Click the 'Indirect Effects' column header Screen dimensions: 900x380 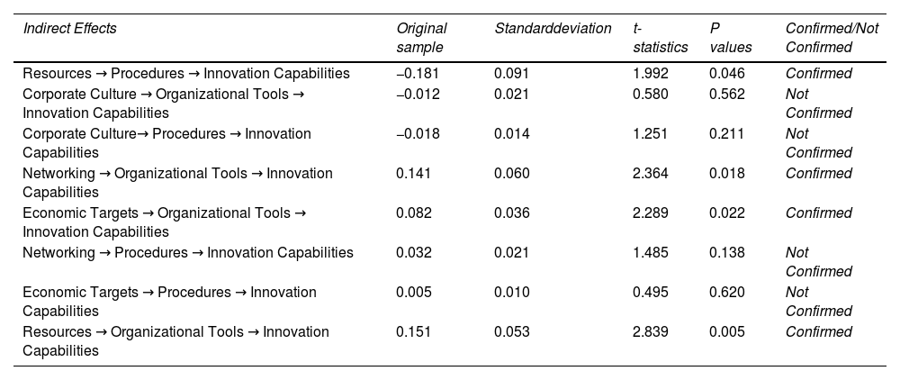69,28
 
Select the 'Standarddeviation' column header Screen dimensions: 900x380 553,28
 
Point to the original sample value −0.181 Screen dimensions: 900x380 418,74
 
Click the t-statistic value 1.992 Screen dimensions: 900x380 651,74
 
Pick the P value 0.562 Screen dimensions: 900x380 727,94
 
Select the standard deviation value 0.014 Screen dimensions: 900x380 512,134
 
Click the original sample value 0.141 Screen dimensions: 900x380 413,174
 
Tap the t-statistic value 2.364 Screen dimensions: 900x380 651,174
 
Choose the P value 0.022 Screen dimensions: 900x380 727,213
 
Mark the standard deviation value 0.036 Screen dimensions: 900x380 512,213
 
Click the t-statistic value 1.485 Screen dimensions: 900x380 651,252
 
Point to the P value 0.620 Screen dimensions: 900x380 727,292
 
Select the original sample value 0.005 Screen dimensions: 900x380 414,292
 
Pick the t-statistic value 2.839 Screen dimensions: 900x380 651,331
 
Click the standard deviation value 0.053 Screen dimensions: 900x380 512,331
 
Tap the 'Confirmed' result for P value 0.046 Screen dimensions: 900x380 818,74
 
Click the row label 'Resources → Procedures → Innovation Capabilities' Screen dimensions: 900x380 186,74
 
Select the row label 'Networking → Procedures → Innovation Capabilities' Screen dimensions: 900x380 188,252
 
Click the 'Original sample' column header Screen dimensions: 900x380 421,37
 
